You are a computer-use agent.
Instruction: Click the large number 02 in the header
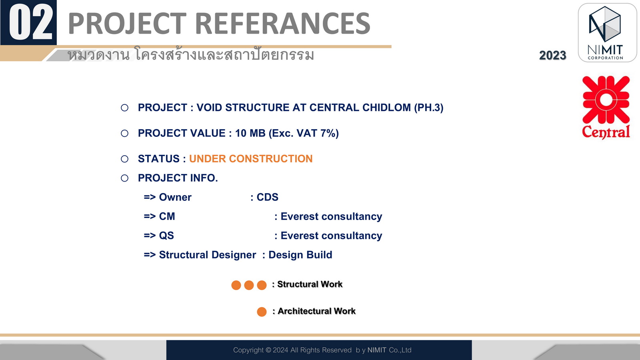coord(31,22)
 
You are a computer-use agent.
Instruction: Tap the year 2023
coord(552,56)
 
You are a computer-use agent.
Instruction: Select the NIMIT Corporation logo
coord(607,32)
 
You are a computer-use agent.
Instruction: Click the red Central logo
coord(606,108)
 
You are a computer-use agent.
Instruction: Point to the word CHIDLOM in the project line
coord(386,108)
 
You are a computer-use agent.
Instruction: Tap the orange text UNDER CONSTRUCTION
coord(251,159)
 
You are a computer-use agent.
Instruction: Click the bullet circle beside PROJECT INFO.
coord(124,178)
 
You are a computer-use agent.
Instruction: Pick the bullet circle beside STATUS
coord(124,159)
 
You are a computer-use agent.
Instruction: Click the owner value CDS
coord(268,197)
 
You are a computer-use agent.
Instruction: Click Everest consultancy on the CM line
coord(332,216)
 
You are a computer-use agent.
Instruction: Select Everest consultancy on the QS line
coord(332,236)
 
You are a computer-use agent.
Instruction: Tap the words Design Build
coord(300,255)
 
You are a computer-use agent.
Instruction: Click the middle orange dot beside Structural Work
coord(249,285)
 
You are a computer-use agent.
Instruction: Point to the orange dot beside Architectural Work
coord(262,312)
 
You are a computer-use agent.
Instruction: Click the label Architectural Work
coord(316,311)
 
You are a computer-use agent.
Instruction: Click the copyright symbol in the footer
coord(268,350)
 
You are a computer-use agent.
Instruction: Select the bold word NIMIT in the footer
coord(377,350)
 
